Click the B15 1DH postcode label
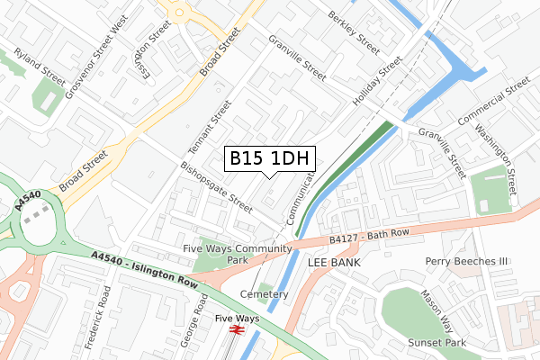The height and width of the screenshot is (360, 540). tap(270, 158)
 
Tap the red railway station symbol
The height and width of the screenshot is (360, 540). tap(238, 331)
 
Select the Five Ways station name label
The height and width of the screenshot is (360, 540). tap(237, 318)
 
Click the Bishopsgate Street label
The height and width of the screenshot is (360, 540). tap(216, 186)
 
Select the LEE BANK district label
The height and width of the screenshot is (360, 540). tap(334, 262)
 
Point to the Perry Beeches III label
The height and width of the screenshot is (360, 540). tap(467, 261)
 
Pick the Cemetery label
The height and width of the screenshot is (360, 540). tap(265, 294)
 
